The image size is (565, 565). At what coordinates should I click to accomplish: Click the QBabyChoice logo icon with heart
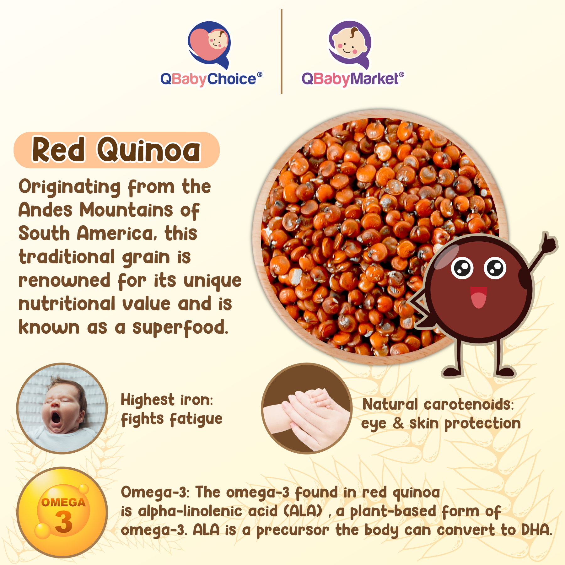click(209, 45)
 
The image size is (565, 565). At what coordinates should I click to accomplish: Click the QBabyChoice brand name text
click(211, 79)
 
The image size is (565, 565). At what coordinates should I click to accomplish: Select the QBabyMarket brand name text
click(353, 79)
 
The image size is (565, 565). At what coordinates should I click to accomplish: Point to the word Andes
click(45, 210)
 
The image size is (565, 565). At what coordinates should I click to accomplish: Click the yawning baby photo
click(62, 408)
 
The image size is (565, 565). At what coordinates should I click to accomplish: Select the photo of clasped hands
click(307, 408)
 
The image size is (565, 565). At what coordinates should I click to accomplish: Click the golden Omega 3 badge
click(62, 512)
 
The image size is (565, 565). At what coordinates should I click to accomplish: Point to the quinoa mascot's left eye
click(462, 268)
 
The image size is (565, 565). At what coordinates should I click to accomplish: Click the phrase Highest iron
click(167, 400)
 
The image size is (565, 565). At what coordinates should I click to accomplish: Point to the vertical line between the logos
click(282, 51)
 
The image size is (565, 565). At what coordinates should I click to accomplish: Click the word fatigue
click(196, 419)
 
